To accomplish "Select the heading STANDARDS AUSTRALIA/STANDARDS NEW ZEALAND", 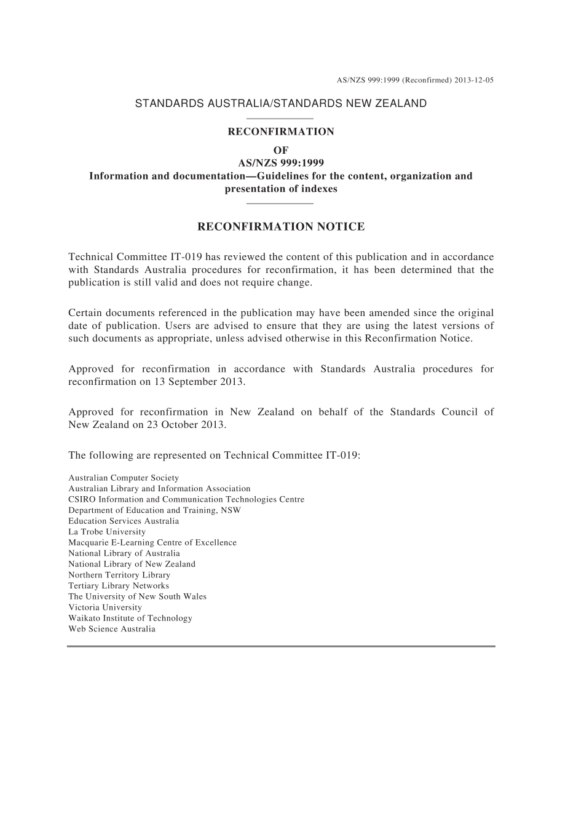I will [x=280, y=103].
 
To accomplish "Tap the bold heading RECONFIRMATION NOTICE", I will [x=281, y=227].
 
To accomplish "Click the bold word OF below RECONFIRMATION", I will [x=281, y=150].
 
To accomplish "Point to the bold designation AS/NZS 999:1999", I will [x=281, y=163].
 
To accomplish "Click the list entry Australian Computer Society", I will [x=124, y=478].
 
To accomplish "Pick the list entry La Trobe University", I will [x=107, y=532].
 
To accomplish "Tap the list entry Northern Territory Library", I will [x=119, y=575].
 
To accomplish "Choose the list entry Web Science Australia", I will [x=112, y=629].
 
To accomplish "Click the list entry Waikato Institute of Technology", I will [x=130, y=618].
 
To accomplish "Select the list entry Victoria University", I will [x=105, y=607].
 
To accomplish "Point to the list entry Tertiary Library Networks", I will [x=119, y=586].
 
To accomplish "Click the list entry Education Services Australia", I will [x=124, y=521].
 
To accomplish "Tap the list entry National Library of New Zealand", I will [x=132, y=564].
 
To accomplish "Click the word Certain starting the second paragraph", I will [x=85, y=313].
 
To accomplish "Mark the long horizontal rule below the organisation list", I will [x=281, y=646].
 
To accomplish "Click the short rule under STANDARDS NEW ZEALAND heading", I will [x=280, y=118].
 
